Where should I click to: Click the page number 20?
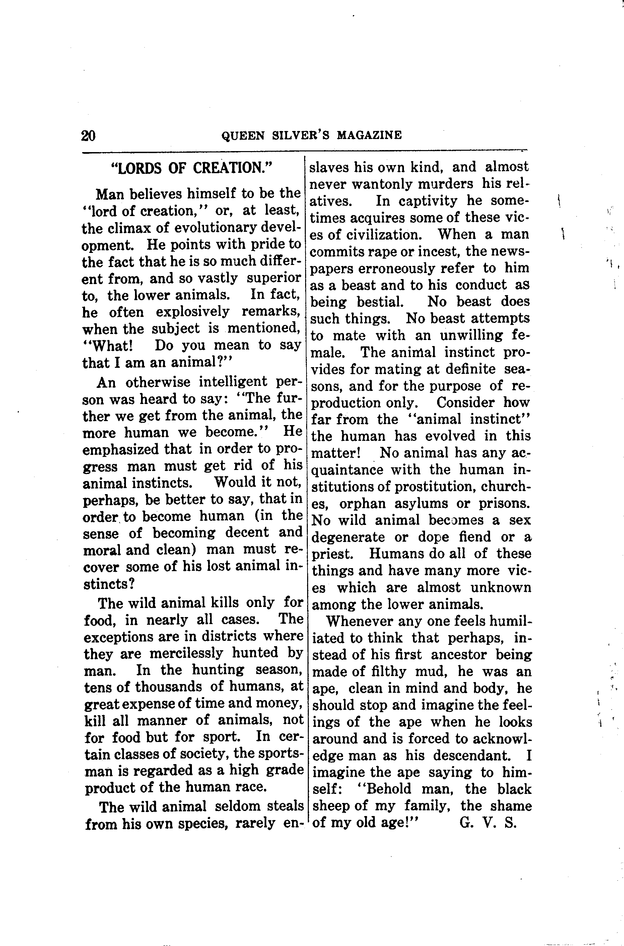click(88, 136)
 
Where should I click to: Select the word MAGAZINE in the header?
click(369, 136)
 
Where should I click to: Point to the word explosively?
click(193, 312)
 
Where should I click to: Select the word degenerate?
click(348, 538)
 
